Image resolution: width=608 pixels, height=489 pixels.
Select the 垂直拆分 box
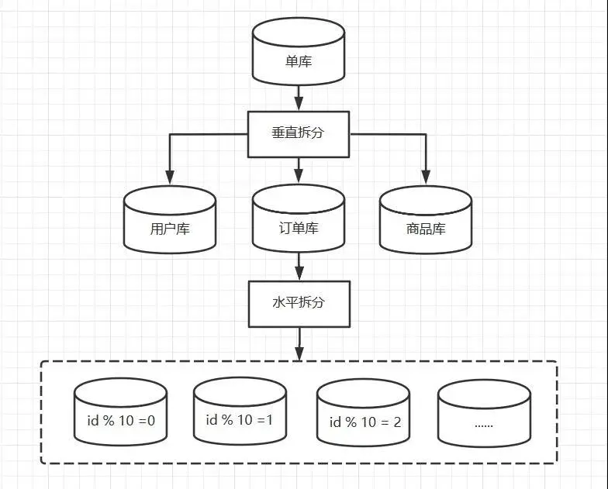coord(299,133)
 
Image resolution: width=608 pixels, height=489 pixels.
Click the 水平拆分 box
coord(299,302)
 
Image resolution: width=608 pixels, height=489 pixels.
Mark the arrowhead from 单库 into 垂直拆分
coord(299,104)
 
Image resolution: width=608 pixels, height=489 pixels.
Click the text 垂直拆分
coord(299,133)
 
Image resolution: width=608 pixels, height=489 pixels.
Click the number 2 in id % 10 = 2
coord(396,422)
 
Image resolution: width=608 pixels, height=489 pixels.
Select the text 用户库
coord(170,229)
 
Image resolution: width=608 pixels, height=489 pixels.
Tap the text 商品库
coord(426,229)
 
